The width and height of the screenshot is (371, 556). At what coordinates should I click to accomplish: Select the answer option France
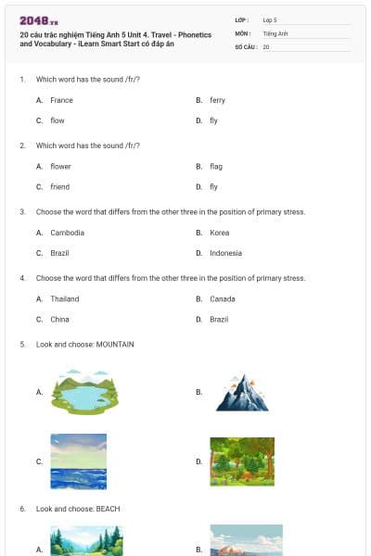point(61,100)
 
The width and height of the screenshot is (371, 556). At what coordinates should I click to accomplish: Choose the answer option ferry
point(217,100)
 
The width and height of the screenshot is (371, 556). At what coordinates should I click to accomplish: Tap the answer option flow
point(58,120)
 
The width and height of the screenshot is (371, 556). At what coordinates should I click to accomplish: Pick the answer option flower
point(60,167)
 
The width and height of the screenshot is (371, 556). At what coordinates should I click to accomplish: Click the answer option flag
point(216,167)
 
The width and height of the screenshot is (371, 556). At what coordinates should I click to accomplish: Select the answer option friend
point(60,187)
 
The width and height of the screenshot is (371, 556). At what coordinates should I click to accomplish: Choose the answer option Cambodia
point(67,233)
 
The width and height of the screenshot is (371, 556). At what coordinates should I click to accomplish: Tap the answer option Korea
point(219,233)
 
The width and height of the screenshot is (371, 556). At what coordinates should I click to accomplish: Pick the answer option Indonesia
point(225,253)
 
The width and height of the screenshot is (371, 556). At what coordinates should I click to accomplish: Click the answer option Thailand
point(65,299)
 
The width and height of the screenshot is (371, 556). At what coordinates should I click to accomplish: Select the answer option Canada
point(222,299)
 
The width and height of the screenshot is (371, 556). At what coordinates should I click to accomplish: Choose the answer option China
point(59,320)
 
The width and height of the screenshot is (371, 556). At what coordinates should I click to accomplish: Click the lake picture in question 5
point(79,392)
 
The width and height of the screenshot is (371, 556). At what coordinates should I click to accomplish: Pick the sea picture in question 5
point(79,461)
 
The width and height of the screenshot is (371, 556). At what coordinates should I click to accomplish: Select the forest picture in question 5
point(241,461)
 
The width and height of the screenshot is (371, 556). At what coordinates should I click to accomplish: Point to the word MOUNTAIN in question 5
point(115,345)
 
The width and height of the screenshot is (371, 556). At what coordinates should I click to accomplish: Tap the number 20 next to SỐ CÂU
point(266,46)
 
